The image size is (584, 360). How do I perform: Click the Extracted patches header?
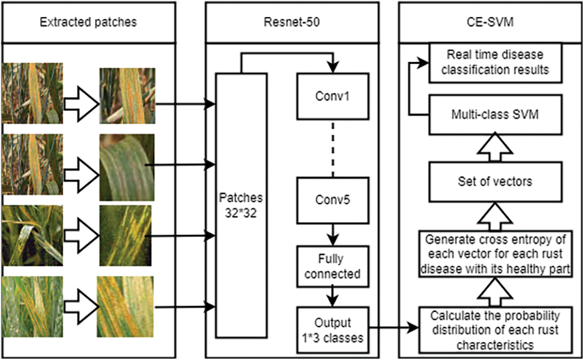[88, 21]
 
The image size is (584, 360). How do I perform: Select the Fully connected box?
[333, 267]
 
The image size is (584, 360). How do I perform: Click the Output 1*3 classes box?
[333, 330]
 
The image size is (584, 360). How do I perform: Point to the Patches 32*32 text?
[241, 205]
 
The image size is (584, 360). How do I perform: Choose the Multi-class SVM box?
[495, 114]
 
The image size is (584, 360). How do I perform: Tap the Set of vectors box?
[495, 181]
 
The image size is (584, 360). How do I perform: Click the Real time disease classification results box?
[495, 62]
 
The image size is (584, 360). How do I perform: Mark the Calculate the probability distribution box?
[495, 330]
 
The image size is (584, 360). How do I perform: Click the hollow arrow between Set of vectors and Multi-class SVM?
[495, 147]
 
